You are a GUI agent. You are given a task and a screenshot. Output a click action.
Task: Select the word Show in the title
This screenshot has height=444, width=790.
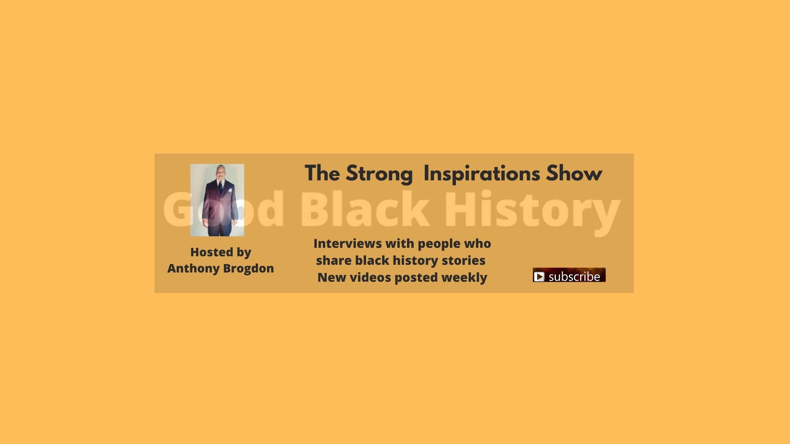(x=574, y=173)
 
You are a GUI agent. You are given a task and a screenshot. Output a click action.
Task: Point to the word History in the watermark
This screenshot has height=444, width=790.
(x=533, y=212)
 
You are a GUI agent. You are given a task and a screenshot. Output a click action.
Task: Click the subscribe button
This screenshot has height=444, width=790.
(x=569, y=275)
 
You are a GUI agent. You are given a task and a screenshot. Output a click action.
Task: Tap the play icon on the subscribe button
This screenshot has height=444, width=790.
(x=539, y=276)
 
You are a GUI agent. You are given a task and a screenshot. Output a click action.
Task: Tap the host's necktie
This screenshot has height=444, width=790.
(x=220, y=187)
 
